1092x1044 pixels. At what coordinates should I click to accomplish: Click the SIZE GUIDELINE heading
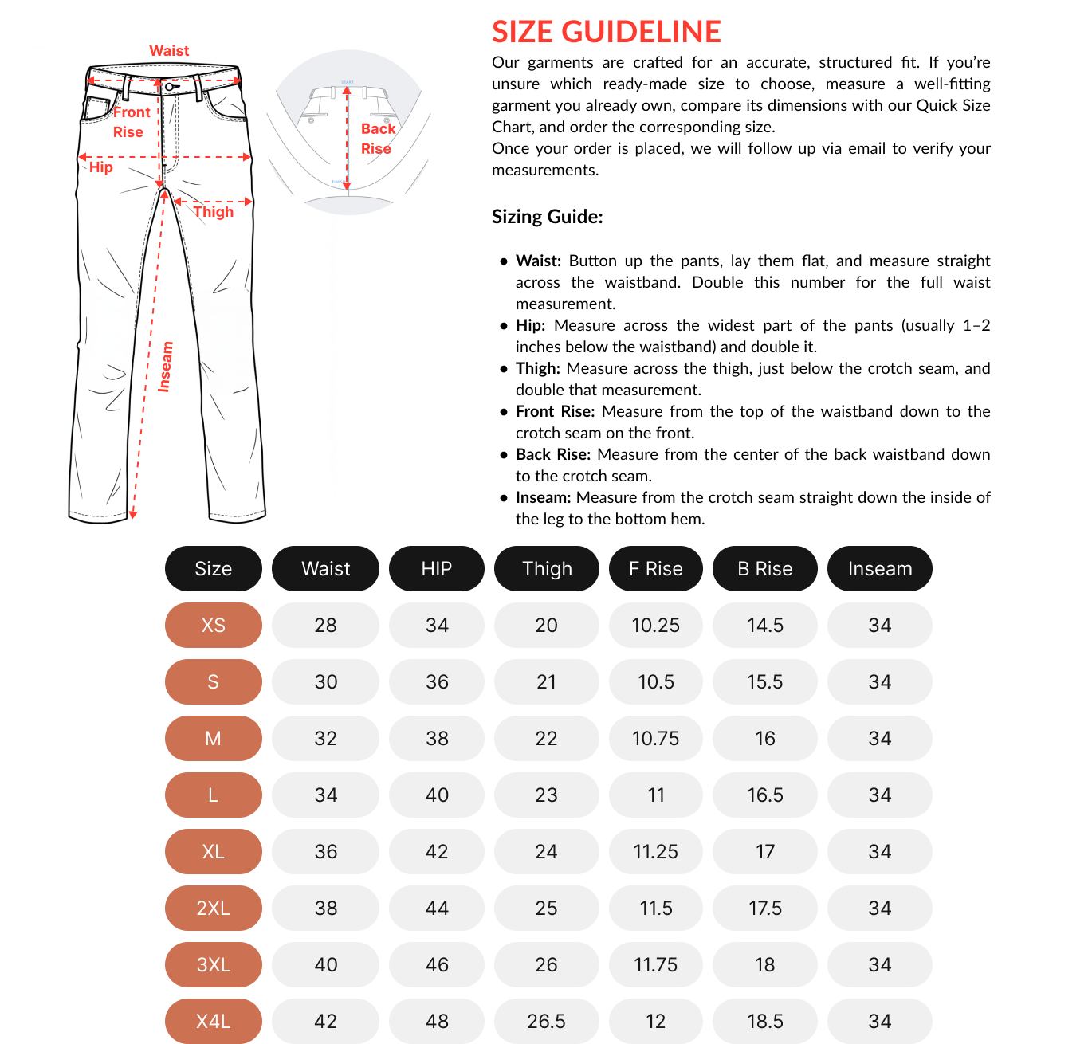pos(606,32)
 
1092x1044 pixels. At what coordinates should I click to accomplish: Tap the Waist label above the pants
pos(169,51)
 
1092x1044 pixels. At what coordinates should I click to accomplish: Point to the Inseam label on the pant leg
pos(165,367)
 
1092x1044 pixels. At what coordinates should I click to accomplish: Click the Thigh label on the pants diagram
pos(214,212)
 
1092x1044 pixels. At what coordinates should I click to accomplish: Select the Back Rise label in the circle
pos(378,139)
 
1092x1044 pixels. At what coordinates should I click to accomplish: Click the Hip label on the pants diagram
pos(101,167)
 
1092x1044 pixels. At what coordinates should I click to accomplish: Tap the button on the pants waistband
pos(170,87)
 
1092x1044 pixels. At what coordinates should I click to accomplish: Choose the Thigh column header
pos(547,569)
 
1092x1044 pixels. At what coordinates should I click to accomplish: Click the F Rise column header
pos(655,569)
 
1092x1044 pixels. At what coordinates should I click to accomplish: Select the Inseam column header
pos(879,569)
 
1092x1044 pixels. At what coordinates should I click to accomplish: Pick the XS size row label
pos(213,626)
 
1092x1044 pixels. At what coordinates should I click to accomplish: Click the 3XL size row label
pos(213,965)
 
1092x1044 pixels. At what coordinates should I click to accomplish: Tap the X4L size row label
pos(213,1022)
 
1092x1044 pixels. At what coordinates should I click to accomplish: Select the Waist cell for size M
pos(325,739)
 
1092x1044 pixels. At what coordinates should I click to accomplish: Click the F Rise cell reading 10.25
pos(655,626)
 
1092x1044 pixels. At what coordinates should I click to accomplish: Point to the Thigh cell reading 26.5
pos(546,1022)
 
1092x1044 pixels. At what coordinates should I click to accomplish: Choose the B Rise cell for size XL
pos(764,852)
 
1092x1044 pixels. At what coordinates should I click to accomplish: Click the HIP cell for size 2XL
pos(437,909)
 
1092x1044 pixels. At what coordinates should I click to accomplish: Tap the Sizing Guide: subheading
pos(547,217)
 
